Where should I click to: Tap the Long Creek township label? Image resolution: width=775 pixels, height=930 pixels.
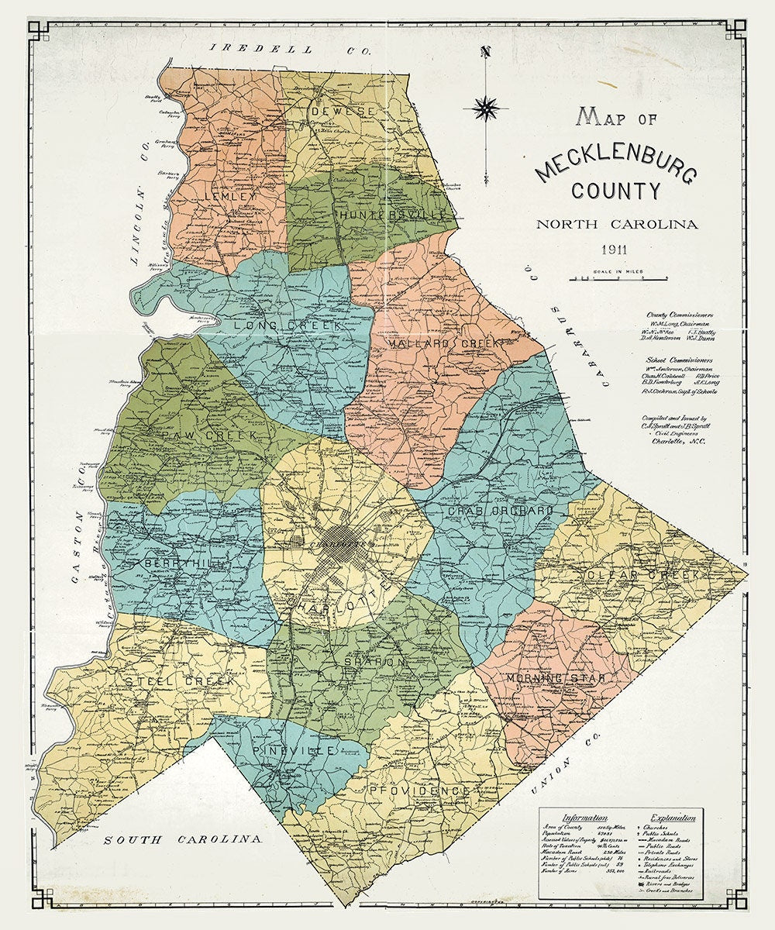point(284,326)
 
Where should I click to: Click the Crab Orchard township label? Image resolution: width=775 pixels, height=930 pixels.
point(501,511)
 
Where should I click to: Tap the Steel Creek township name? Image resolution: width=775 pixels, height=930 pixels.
point(169,681)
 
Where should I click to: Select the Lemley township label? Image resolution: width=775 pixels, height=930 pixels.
point(230,197)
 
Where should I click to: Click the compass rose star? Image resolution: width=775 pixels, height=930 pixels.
point(486,108)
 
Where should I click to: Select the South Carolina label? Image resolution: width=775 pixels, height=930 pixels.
point(184,839)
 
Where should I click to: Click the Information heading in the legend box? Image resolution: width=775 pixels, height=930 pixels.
point(585,818)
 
